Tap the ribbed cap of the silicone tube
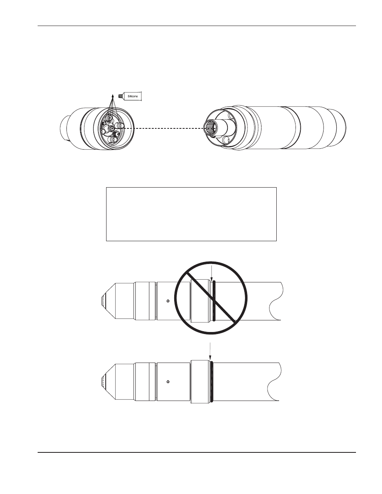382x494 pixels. click(x=120, y=96)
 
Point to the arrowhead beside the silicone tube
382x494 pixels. click(x=112, y=96)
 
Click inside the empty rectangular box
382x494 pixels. click(x=191, y=214)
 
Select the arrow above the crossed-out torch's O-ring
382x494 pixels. click(x=211, y=273)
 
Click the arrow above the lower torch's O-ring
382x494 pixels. click(x=210, y=352)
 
